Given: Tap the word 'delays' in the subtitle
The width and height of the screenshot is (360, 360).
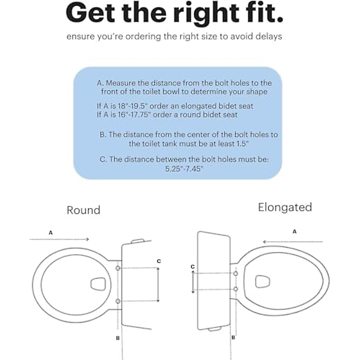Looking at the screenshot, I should (x=268, y=37).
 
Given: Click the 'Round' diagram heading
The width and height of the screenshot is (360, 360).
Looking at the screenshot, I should (x=83, y=210).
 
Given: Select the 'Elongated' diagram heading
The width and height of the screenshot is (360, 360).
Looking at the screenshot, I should (x=285, y=207).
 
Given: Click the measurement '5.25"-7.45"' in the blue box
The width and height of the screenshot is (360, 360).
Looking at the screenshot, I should (x=184, y=169).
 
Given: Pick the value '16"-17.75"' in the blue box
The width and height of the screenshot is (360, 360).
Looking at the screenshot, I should (x=135, y=115).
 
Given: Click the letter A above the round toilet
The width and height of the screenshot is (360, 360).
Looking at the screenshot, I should (x=51, y=232).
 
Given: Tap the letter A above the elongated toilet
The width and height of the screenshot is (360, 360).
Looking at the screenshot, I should (x=294, y=232).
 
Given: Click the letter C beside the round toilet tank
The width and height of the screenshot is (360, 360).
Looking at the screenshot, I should (x=159, y=261).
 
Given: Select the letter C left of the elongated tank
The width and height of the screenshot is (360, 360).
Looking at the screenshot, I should (x=193, y=266).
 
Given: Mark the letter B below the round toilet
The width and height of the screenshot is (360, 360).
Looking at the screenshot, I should (x=118, y=338).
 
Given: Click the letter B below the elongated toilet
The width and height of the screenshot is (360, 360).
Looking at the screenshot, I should (x=233, y=337).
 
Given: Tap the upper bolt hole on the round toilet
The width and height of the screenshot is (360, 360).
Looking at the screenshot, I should (x=118, y=268).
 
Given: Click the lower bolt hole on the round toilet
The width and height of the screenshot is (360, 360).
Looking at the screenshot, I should (x=118, y=301).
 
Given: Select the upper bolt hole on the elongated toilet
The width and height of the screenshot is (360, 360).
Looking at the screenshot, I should (x=236, y=273).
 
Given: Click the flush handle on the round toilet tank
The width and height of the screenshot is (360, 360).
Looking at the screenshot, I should (x=138, y=241).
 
